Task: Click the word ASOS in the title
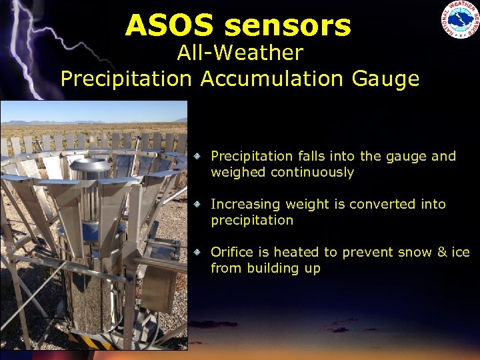(x=170, y=25)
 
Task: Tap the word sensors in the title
(x=287, y=25)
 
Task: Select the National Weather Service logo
(x=459, y=19)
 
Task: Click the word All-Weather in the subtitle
(x=240, y=53)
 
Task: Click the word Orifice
(x=230, y=252)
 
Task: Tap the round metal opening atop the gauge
(x=90, y=164)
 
